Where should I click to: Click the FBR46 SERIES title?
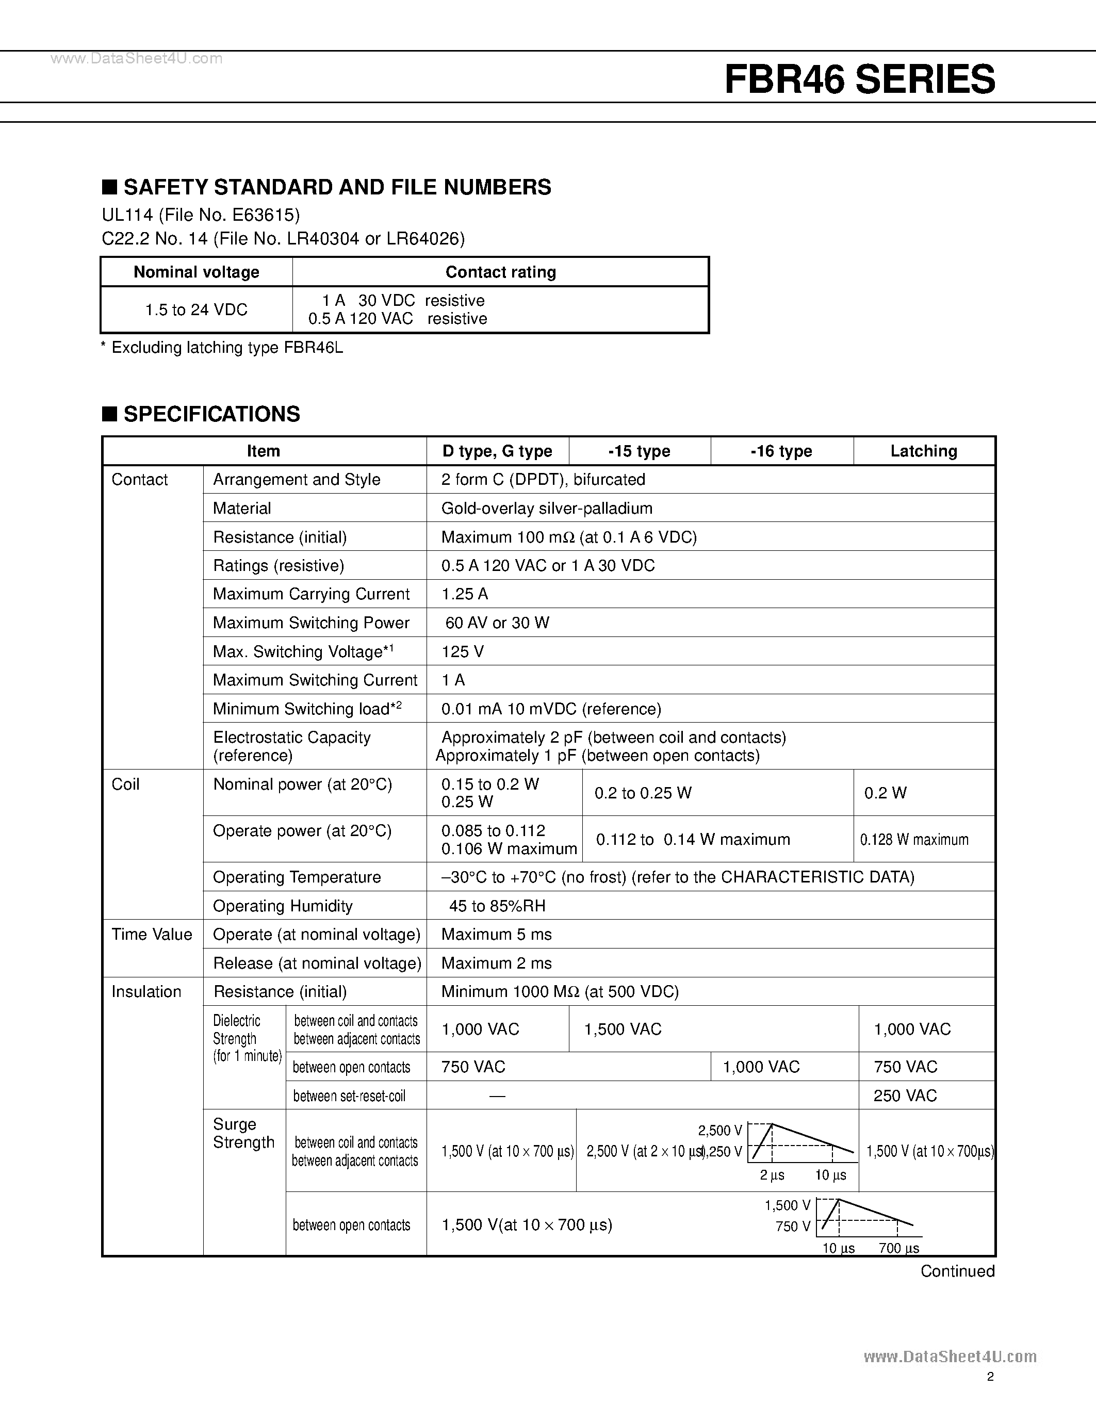pos(860,79)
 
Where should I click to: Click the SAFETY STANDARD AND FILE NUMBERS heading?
pos(337,188)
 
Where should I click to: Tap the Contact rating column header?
pos(500,272)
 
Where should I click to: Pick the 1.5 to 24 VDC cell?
pos(196,310)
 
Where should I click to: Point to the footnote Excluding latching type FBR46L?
pos(222,348)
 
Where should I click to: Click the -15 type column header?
pos(639,451)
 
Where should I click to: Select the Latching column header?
pos(923,451)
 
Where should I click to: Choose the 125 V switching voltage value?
pos(462,652)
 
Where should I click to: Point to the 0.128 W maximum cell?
pos(914,840)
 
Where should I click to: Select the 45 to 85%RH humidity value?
pos(497,906)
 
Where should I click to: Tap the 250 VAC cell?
pos(905,1096)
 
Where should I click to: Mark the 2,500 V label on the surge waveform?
pos(719,1130)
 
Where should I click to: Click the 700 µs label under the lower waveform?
pos(898,1248)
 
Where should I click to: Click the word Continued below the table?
pos(957,1271)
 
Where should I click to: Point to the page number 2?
pos(990,1377)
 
